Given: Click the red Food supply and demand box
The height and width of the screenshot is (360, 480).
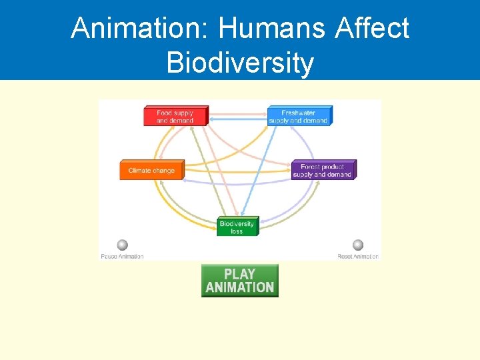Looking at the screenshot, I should click(x=175, y=117).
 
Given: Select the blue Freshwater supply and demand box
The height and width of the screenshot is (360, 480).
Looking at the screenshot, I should click(x=298, y=117).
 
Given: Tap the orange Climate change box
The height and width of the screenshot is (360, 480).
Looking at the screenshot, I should click(x=151, y=171).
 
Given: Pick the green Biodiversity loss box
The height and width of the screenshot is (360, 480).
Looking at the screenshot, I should click(x=237, y=227).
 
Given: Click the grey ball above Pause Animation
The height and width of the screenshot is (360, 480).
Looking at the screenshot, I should click(x=123, y=245).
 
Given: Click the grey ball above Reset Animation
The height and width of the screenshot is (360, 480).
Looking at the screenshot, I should click(x=358, y=245).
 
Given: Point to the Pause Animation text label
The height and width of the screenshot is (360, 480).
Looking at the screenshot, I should click(x=122, y=257).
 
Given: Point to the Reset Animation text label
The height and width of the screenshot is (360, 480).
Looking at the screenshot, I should click(x=358, y=257).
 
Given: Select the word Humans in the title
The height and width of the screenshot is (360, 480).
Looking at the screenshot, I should click(x=273, y=28).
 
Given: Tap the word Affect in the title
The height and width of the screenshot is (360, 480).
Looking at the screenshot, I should click(x=373, y=28).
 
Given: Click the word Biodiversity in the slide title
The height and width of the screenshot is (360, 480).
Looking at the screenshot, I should click(x=240, y=63).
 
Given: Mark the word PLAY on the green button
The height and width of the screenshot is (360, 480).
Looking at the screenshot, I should click(x=239, y=274).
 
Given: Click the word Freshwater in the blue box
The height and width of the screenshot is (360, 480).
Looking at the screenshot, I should click(x=298, y=113).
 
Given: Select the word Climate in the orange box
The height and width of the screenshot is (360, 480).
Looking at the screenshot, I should click(x=140, y=171).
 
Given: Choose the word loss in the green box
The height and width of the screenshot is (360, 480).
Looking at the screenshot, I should click(x=237, y=231).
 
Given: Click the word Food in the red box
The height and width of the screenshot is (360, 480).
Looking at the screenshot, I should click(x=164, y=113).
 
